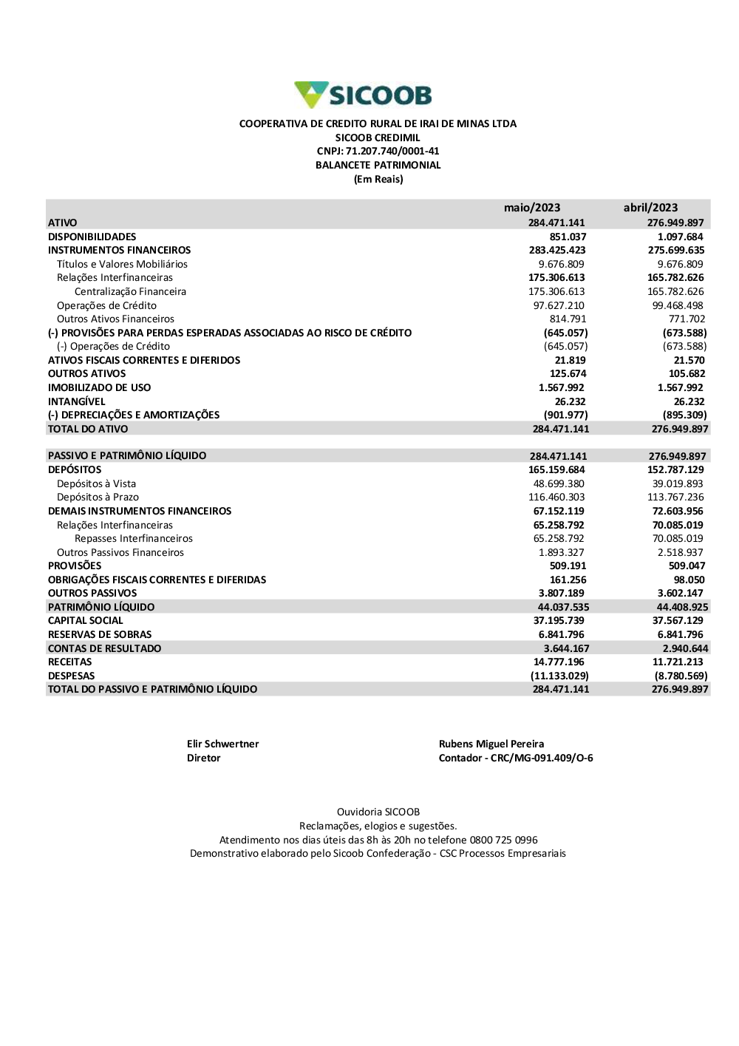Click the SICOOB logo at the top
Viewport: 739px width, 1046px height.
[363, 95]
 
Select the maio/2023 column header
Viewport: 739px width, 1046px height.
[532, 208]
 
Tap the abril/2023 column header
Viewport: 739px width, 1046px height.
[650, 208]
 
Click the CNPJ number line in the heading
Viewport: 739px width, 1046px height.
[378, 152]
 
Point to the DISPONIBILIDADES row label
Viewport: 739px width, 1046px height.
[92, 237]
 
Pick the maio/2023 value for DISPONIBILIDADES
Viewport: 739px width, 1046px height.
[568, 237]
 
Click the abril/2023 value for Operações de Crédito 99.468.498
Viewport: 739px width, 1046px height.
[678, 305]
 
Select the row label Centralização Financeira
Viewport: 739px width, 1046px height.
[130, 292]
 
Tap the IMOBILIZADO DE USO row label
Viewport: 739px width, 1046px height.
[99, 387]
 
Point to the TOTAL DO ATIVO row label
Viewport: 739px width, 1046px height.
[88, 429]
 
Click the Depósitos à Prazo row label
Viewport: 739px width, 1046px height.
[98, 497]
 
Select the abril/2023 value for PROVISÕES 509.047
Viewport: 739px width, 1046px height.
[687, 566]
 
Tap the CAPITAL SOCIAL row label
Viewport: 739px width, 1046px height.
[86, 621]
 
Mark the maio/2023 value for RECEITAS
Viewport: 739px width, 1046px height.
[559, 662]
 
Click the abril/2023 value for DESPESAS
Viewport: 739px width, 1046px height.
[681, 676]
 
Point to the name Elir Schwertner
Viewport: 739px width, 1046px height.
[222, 744]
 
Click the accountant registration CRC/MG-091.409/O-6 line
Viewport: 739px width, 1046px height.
[516, 758]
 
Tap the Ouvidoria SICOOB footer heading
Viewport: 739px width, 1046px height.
[378, 812]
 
